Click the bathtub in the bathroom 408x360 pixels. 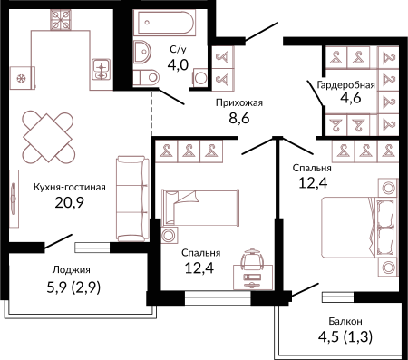point(165,23)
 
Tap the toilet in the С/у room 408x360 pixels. point(146,77)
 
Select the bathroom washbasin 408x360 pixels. point(141,52)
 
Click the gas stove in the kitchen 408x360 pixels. point(61,20)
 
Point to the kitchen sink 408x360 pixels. point(102,69)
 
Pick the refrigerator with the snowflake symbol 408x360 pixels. point(22,78)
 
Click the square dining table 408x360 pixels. point(48,138)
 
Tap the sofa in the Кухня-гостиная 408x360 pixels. point(132,199)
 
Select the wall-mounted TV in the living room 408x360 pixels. point(14,199)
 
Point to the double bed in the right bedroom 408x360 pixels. point(358,228)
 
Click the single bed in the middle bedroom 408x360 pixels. point(200,208)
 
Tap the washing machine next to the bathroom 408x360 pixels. point(199,78)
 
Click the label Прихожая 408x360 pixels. point(239,102)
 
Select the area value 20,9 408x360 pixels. point(69,202)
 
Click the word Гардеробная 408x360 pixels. point(345,85)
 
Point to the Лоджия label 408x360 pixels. point(72,269)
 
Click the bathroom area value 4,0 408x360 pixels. point(178,64)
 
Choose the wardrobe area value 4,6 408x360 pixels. point(351,98)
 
